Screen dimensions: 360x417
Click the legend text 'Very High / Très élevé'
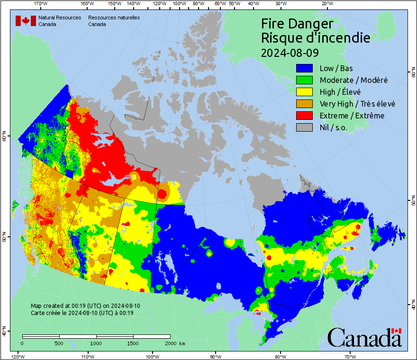coord(357,104)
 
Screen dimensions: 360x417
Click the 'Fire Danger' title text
coord(297,24)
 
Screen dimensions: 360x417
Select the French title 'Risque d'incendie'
coord(315,38)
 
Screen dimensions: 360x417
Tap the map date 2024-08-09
coord(290,52)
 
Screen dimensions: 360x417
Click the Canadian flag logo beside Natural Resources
coord(26,21)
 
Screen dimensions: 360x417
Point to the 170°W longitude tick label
coord(41,4)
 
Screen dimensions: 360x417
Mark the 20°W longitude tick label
coord(326,4)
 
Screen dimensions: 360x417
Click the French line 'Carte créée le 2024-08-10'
coord(82,313)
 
